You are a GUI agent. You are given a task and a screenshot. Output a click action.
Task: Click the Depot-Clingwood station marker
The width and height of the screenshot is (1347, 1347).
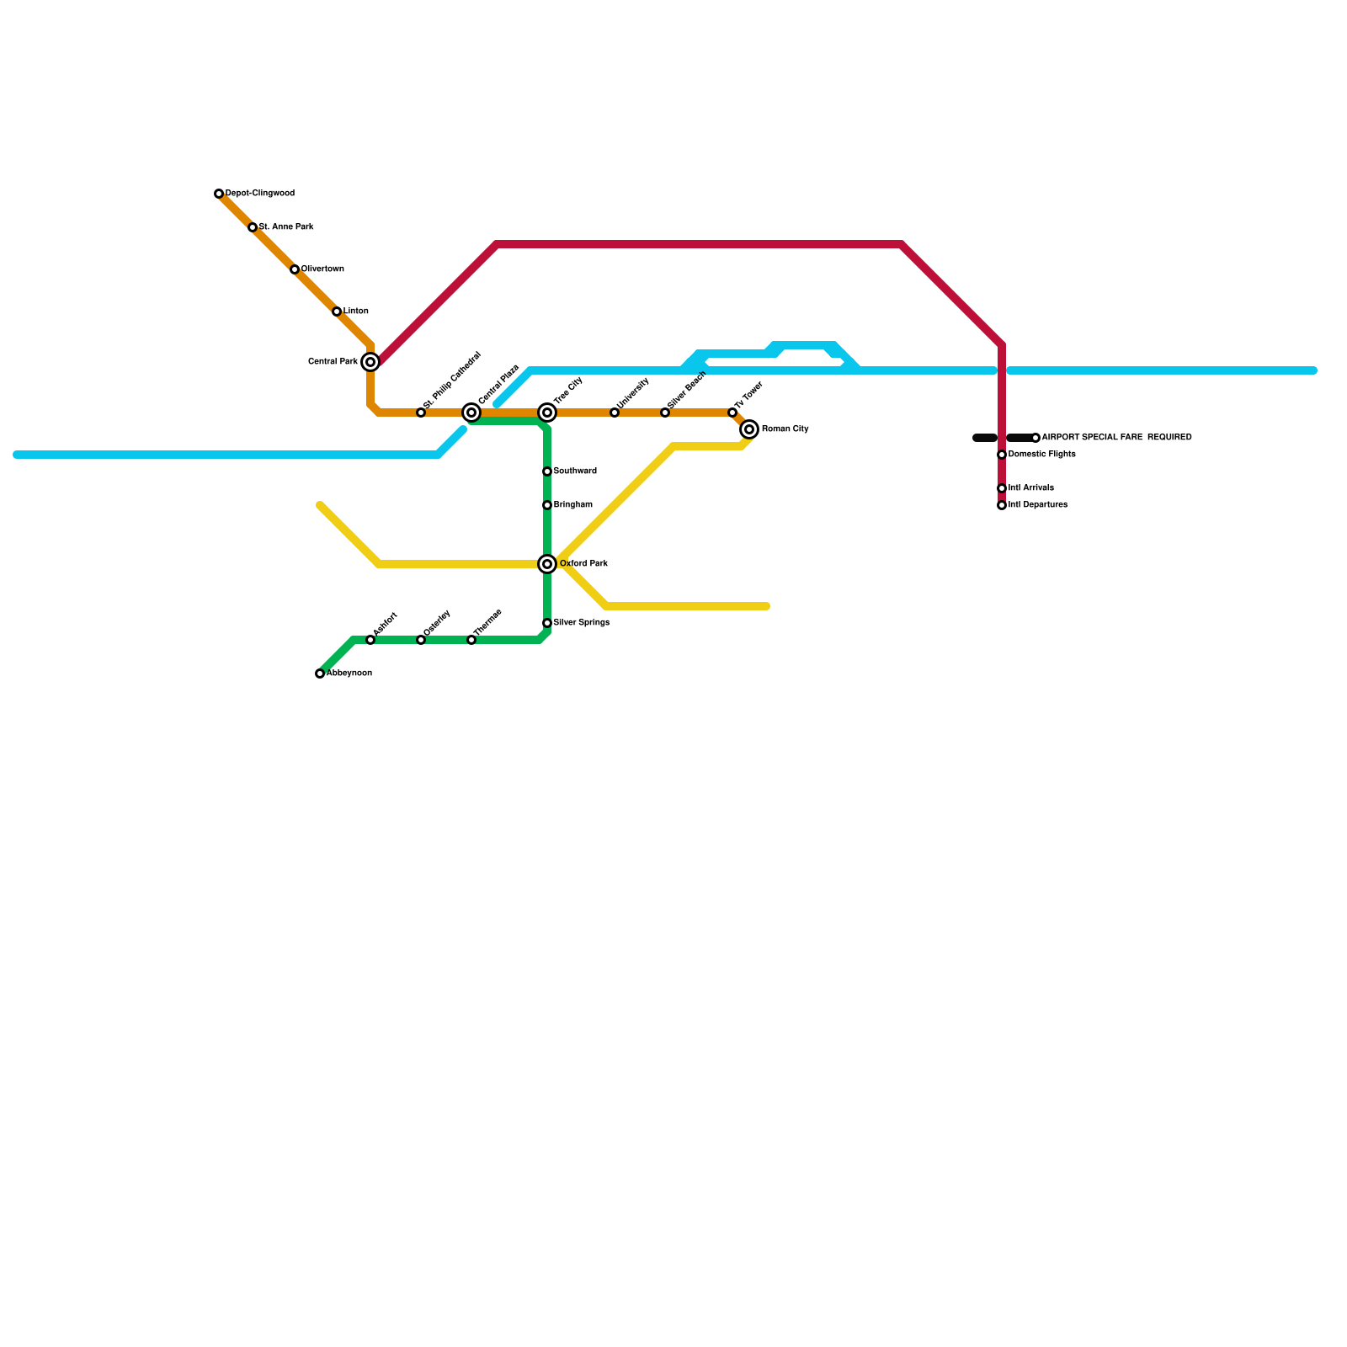[x=219, y=194]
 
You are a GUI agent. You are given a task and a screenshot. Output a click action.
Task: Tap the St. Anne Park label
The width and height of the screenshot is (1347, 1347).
[x=286, y=227]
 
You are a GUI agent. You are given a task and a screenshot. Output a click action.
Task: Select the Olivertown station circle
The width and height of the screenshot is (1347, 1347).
[x=295, y=269]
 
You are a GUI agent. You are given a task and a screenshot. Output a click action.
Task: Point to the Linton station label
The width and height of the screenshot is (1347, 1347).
[x=356, y=311]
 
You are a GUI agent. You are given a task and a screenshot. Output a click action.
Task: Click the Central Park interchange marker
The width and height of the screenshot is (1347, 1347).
[x=370, y=362]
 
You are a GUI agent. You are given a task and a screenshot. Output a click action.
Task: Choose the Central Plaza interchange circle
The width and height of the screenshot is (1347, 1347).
[x=471, y=413]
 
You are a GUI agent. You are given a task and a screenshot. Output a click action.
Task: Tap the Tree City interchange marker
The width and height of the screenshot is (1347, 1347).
[x=547, y=413]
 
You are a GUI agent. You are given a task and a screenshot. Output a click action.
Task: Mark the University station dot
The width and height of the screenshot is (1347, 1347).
[x=615, y=413]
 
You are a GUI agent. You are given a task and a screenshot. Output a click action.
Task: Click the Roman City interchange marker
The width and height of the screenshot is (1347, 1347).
[x=749, y=429]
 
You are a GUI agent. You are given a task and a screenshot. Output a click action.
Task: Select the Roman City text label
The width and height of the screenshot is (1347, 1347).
[x=785, y=429]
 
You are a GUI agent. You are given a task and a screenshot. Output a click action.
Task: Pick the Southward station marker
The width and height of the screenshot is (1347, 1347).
[x=547, y=471]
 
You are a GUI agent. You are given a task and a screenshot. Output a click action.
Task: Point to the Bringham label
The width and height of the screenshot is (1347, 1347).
[x=573, y=505]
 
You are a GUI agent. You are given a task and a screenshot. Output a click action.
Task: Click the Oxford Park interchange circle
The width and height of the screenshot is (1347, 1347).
[x=547, y=564]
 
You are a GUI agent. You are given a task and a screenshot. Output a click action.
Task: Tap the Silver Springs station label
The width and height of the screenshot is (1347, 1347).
[x=582, y=623]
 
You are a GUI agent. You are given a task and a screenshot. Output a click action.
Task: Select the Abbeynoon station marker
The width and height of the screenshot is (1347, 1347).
[x=320, y=673]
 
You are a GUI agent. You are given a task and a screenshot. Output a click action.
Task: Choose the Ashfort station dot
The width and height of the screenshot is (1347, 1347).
[x=370, y=640]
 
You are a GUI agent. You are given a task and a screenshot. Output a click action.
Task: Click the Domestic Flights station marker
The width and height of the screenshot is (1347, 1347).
[x=1002, y=455]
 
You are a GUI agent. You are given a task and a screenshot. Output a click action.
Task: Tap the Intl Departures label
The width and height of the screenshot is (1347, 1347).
[x=1038, y=505]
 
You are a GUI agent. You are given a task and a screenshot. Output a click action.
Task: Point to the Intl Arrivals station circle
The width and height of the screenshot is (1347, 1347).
[x=1002, y=488]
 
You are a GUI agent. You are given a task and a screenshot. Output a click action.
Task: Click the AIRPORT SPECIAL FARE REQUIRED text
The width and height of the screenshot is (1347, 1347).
[x=1116, y=438]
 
